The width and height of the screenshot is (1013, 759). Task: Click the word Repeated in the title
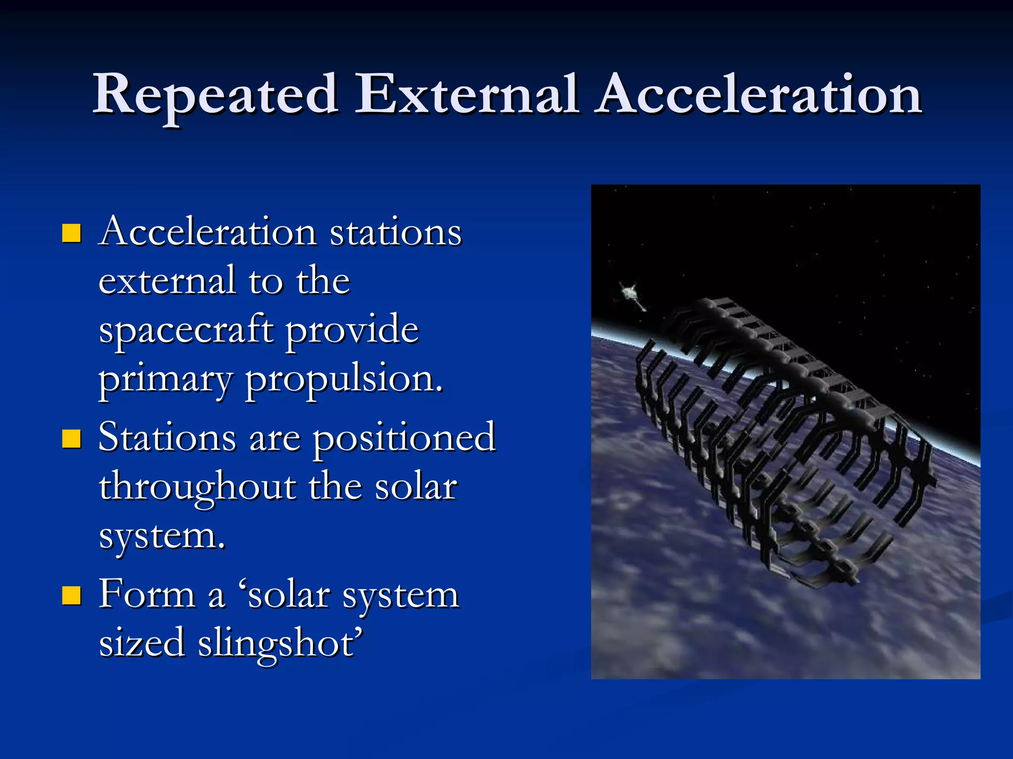216,95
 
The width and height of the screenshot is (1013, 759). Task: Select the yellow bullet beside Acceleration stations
72,233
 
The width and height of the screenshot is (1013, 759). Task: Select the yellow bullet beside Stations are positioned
72,438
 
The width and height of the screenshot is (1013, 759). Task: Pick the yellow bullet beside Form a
72,596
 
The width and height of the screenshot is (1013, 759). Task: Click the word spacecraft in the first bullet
186,331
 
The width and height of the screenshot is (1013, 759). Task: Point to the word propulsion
344,380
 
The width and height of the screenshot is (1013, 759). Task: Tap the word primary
165,380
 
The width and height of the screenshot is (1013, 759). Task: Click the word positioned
404,437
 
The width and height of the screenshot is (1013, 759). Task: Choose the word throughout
197,487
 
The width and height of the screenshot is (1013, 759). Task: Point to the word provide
352,331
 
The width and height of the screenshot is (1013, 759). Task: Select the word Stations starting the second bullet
167,437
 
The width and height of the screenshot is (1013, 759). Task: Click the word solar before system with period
415,487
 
